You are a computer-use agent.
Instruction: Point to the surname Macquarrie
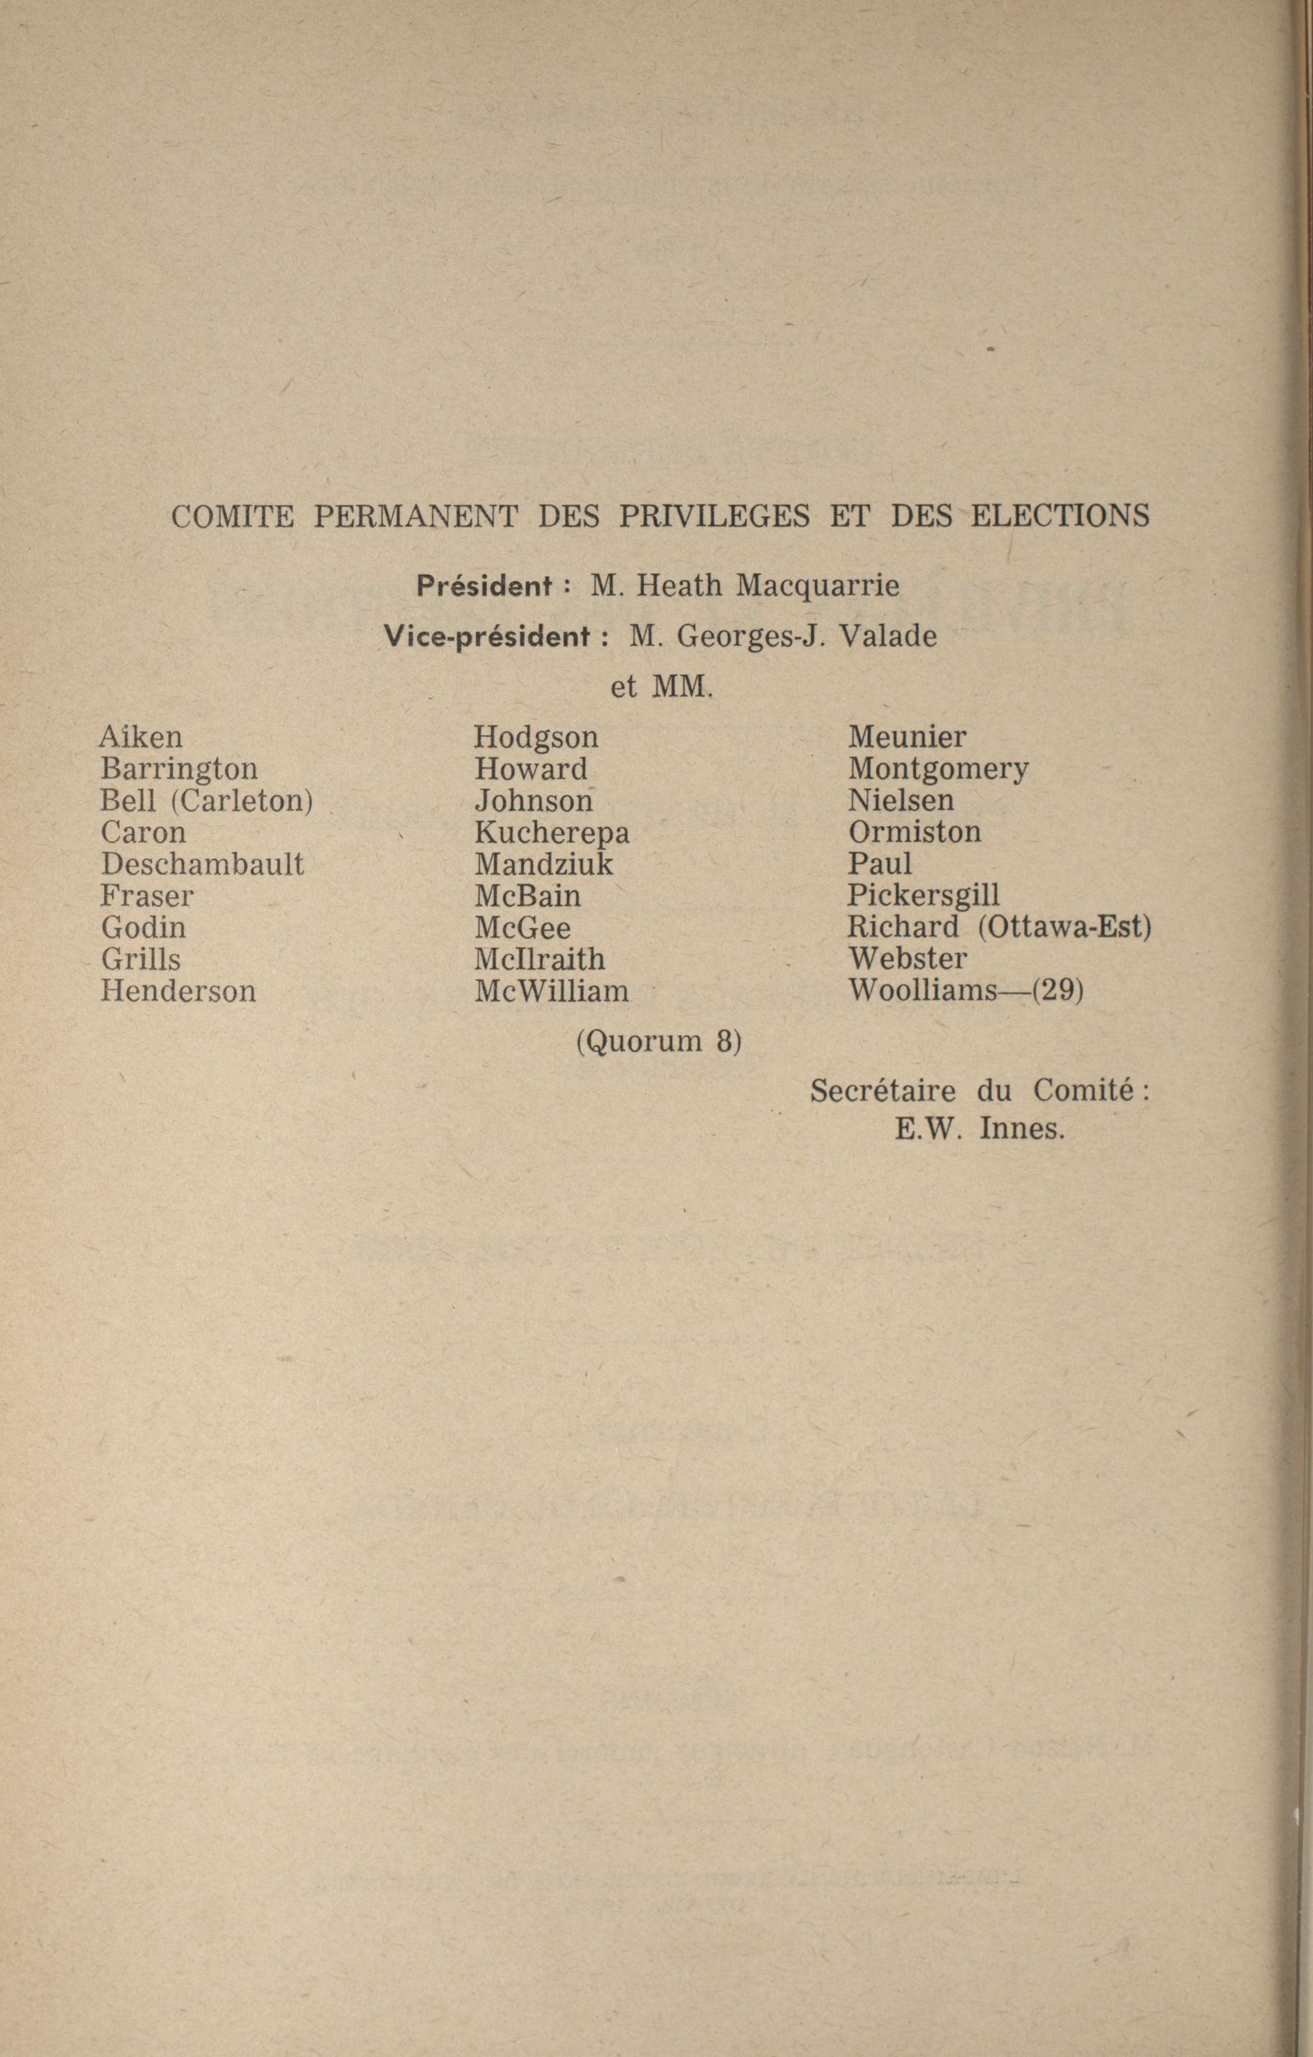pos(818,586)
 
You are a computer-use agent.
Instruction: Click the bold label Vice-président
pos(486,637)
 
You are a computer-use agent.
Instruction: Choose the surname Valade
pos(889,637)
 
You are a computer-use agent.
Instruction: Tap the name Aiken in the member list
pos(141,736)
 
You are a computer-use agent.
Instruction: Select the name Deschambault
pos(202,863)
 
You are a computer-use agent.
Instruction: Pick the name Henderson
pos(178,991)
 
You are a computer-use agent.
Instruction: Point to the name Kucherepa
pos(552,832)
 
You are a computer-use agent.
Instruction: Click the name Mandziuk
pos(544,863)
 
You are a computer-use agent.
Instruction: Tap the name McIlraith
pos(540,960)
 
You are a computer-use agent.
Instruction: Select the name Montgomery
pos(938,769)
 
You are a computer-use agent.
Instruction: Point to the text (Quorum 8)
pos(658,1042)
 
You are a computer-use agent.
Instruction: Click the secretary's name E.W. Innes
pos(980,1129)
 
